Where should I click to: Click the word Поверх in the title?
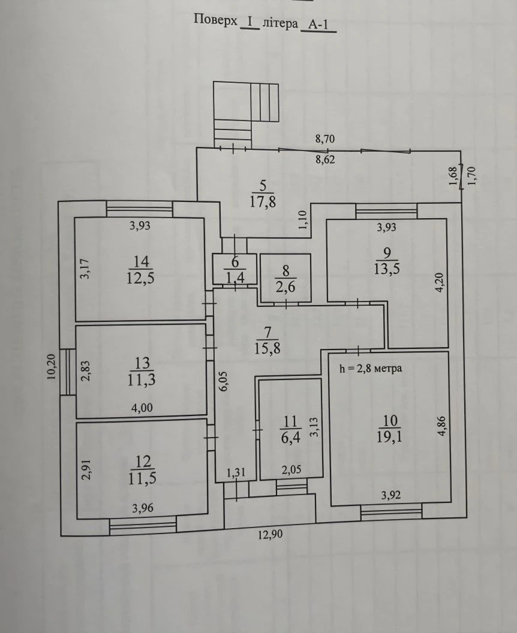click(216, 20)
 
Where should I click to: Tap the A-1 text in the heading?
click(318, 24)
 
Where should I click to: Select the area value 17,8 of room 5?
click(263, 201)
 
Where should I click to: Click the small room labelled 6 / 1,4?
click(235, 269)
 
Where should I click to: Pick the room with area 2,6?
click(285, 278)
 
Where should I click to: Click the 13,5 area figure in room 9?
click(386, 269)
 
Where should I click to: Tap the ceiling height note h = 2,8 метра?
click(371, 368)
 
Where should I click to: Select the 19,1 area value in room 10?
click(389, 437)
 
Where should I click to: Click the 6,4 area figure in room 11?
click(290, 438)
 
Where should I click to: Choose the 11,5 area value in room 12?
click(143, 478)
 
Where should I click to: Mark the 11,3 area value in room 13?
click(142, 380)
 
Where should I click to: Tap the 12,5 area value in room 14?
click(140, 278)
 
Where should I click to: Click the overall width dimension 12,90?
click(270, 535)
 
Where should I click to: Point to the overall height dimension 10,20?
click(52, 367)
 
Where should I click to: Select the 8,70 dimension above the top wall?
click(324, 139)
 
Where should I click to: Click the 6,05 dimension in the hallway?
click(224, 381)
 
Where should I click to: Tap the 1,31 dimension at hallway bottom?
click(236, 472)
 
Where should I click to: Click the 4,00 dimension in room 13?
click(142, 408)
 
